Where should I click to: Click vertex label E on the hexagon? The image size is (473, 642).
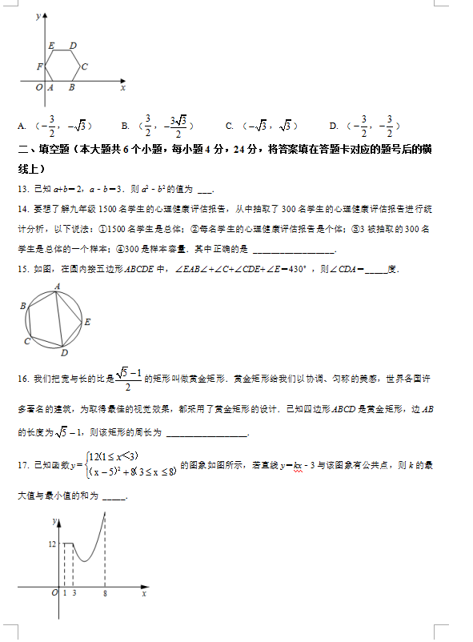pos(51,46)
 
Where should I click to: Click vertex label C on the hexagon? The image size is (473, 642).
pos(84,66)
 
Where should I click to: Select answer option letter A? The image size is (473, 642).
pos(21,126)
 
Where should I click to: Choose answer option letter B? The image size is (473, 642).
pos(124,126)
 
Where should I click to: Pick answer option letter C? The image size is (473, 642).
pos(230,126)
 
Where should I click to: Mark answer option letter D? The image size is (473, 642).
pos(333,126)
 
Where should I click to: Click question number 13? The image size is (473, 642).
pos(22,189)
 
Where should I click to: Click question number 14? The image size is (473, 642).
pos(22,209)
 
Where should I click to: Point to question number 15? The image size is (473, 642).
pos(22,269)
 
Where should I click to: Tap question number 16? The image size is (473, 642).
pos(22,377)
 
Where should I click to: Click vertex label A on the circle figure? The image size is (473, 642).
pos(58,285)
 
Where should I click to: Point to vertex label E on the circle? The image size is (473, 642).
pos(87,322)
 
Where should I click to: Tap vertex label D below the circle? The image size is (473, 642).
pos(64,353)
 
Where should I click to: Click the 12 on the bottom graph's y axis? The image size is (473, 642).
pos(52,544)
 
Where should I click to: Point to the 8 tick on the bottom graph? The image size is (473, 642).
pos(105,593)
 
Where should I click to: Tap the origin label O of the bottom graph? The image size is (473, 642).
pos(54,593)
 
